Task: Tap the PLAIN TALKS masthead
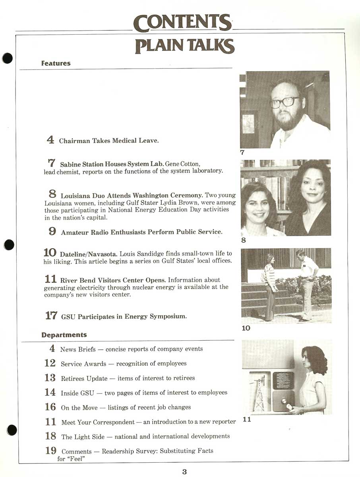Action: (x=185, y=46)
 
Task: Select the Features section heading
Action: (x=56, y=63)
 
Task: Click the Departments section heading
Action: (x=64, y=335)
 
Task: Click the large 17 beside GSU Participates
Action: (x=51, y=315)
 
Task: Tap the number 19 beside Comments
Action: (x=51, y=451)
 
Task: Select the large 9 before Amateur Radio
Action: (x=52, y=231)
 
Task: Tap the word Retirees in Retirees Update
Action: (x=72, y=378)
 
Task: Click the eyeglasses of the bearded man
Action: (x=285, y=102)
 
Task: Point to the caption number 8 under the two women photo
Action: (x=244, y=240)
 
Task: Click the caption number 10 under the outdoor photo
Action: (x=246, y=328)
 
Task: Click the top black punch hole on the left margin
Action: (x=8, y=58)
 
